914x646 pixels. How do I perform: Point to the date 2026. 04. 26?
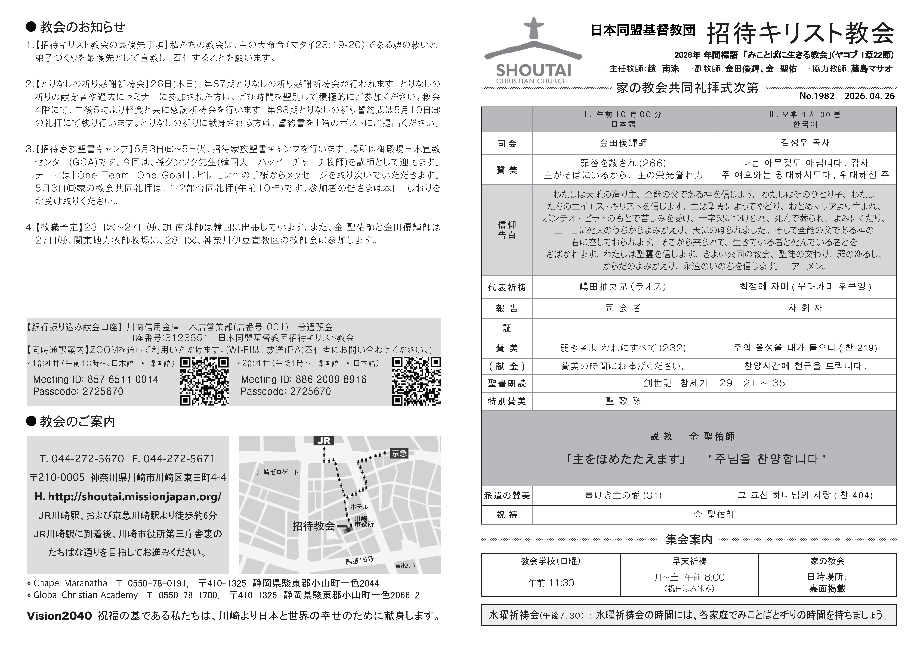click(x=869, y=96)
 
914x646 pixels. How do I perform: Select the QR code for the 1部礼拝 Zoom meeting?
click(x=204, y=381)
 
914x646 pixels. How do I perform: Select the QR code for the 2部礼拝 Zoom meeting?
click(x=416, y=381)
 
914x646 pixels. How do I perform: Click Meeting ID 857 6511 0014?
click(x=95, y=379)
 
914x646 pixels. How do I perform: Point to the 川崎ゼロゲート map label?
click(x=277, y=472)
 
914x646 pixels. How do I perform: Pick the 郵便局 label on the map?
click(x=405, y=565)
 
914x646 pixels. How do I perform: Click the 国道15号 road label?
click(x=359, y=560)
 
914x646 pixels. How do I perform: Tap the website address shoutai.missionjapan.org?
click(x=128, y=497)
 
